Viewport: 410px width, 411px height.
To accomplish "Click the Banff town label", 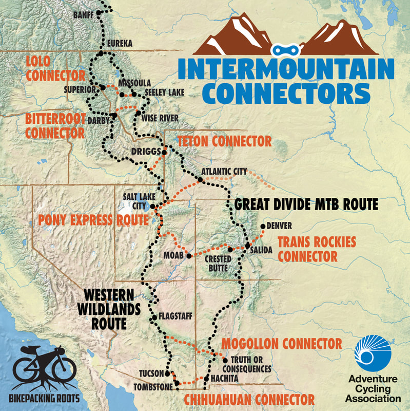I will (84, 14).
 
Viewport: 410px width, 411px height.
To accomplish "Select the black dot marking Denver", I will (263, 226).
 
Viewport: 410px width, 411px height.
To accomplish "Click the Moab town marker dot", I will (188, 255).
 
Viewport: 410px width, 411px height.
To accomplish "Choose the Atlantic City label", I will (224, 171).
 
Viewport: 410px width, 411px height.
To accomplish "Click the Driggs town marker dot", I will (164, 152).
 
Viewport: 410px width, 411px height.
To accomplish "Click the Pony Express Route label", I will (93, 220).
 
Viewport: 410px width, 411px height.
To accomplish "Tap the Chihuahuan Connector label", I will (249, 399).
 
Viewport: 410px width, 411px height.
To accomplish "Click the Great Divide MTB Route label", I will (306, 204).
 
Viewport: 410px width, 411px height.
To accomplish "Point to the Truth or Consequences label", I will (246, 364).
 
